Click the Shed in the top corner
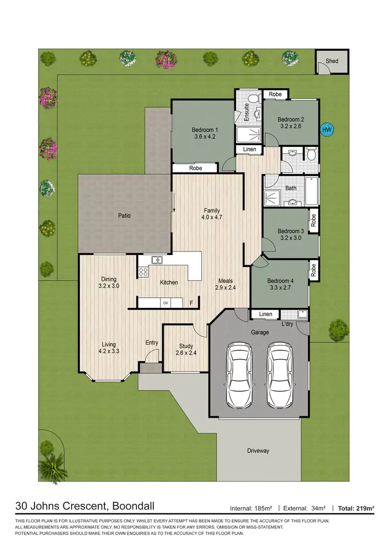click(x=332, y=61)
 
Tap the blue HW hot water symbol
click(x=326, y=129)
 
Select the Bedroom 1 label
click(x=205, y=129)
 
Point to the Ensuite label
click(x=247, y=112)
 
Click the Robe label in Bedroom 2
click(x=275, y=94)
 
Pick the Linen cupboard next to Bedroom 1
click(x=249, y=149)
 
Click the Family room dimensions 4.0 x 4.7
click(x=212, y=218)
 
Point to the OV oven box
click(x=166, y=303)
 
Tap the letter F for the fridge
click(x=191, y=303)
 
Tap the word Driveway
click(x=258, y=451)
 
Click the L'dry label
click(x=287, y=324)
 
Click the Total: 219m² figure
click(x=356, y=508)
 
